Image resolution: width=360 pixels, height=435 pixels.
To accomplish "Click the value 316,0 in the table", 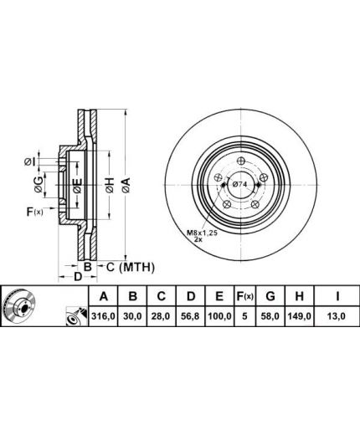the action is (103, 316).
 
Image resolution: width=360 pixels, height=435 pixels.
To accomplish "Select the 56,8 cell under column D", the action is (191, 316).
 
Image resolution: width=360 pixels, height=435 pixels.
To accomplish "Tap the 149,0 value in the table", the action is (300, 316).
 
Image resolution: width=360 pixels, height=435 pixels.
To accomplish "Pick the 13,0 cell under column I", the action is (337, 316).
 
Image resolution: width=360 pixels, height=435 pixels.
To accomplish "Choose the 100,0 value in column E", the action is (219, 316).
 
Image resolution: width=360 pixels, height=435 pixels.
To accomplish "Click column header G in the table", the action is (270, 296).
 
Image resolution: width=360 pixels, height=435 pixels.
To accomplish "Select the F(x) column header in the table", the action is (244, 296).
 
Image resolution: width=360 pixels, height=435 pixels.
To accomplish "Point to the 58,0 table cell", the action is (270, 316).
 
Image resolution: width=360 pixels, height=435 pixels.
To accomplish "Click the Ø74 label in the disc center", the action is (239, 184).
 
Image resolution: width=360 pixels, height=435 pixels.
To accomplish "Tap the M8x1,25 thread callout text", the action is (202, 232).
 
